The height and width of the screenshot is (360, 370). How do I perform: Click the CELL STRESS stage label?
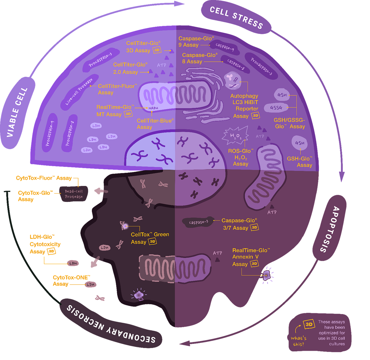tap(236, 17)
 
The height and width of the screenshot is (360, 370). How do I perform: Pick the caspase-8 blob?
tap(235, 64)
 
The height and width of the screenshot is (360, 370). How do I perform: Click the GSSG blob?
tap(276, 108)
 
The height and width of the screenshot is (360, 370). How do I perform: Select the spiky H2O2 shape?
tap(235, 135)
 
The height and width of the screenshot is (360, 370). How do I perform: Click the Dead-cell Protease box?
tap(74, 194)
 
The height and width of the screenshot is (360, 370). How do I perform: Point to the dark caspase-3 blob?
tap(198, 222)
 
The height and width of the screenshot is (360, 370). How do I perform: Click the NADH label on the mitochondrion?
tap(153, 108)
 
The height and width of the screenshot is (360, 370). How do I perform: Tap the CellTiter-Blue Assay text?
tap(155, 124)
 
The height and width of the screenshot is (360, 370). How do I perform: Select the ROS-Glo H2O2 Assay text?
tap(241, 157)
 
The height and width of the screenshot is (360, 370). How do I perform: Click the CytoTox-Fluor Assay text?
tap(44, 178)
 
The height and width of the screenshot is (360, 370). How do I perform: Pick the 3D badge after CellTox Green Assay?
tap(153, 241)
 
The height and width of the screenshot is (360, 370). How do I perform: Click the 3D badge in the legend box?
tap(309, 325)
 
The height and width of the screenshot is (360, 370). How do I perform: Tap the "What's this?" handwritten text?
tap(299, 341)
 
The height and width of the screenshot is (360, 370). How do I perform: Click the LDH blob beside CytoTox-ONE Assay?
tap(90, 284)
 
